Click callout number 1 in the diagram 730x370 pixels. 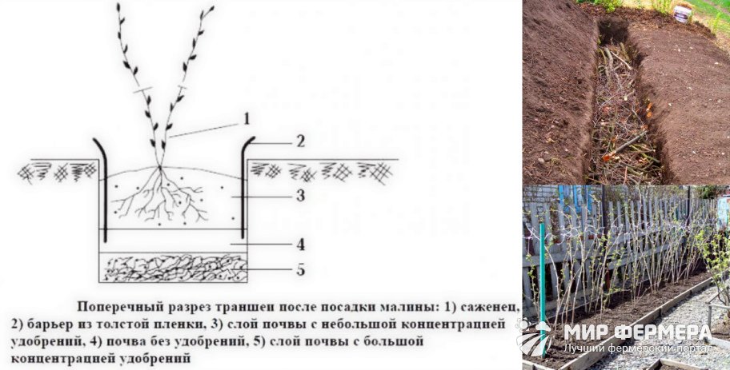(x=247, y=118)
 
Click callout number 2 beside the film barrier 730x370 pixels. (x=301, y=141)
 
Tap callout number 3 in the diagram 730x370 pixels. (x=301, y=196)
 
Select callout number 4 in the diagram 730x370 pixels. (x=301, y=245)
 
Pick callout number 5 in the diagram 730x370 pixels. (x=301, y=269)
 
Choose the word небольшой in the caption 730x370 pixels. (x=367, y=324)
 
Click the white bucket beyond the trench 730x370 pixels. (x=682, y=14)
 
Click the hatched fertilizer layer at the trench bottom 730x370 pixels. (x=173, y=268)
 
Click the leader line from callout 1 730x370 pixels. (x=205, y=130)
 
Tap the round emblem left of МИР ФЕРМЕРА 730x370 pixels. (x=534, y=339)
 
